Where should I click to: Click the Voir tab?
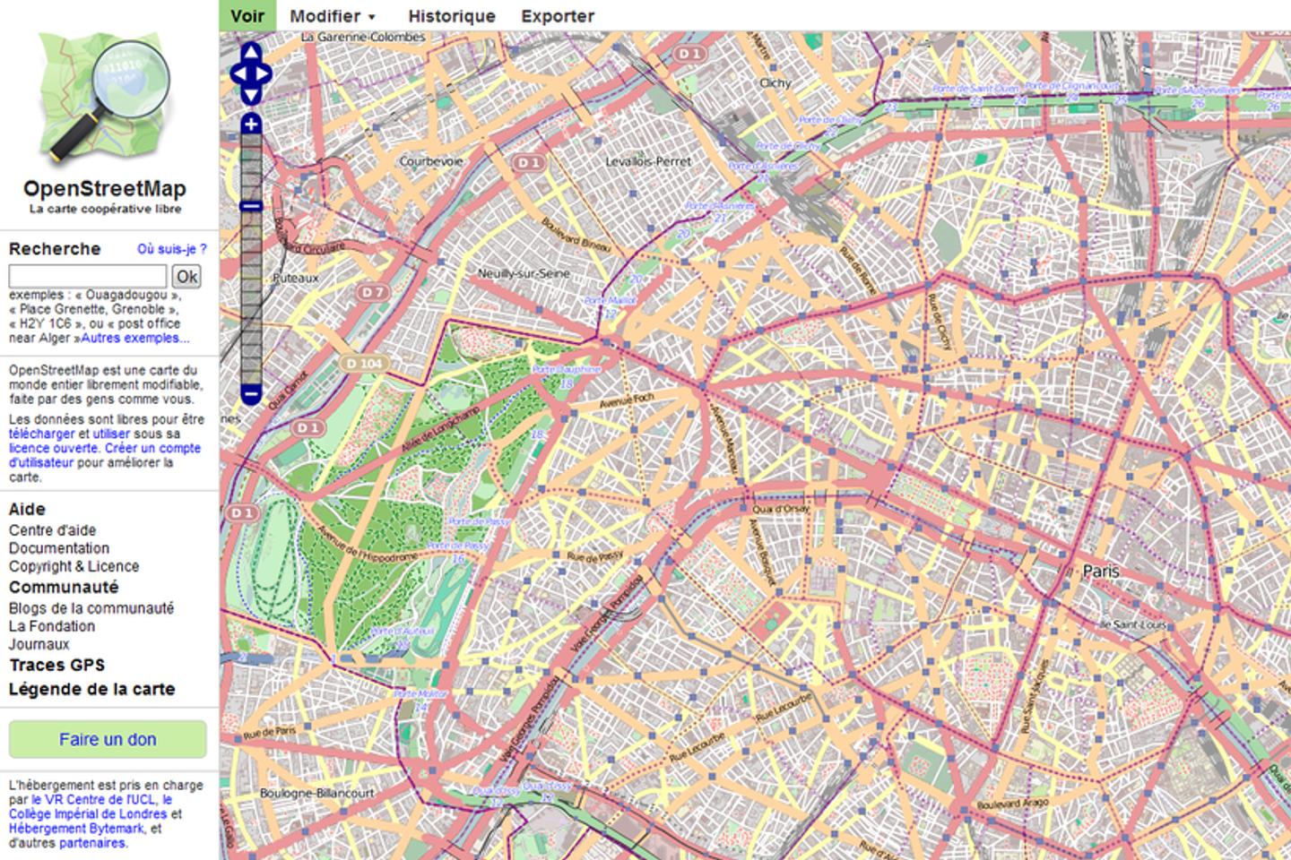(247, 16)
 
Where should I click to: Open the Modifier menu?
(332, 16)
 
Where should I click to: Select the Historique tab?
(451, 16)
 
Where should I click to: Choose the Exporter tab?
(557, 16)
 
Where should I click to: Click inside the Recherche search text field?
(87, 276)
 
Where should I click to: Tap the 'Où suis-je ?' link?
(171, 249)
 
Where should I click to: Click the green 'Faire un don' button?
(108, 739)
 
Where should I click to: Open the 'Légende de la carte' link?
(91, 689)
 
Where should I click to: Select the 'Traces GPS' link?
(56, 665)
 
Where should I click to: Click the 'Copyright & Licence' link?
(74, 566)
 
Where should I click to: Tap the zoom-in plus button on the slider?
(251, 124)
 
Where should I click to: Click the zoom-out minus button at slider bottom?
(251, 393)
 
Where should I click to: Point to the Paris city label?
(1101, 571)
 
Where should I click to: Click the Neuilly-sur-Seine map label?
(524, 273)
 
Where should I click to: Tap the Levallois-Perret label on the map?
(648, 162)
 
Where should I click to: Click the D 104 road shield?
(363, 363)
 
